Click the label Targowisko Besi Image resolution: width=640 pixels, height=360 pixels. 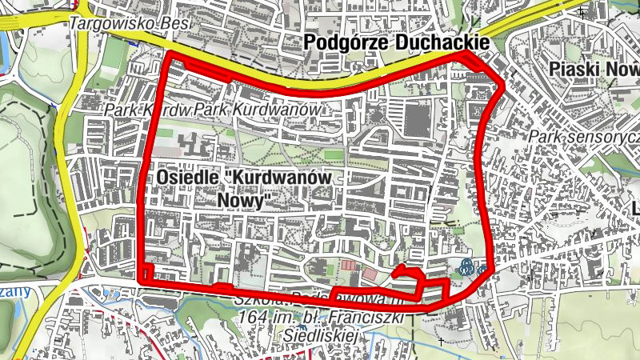[129, 23]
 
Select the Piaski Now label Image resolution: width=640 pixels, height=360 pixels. [595, 70]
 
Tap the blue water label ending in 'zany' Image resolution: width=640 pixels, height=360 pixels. [14, 291]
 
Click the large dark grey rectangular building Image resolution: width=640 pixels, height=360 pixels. [416, 120]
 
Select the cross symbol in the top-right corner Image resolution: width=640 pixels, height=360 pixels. [582, 13]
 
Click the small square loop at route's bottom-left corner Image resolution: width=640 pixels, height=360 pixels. [145, 274]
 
